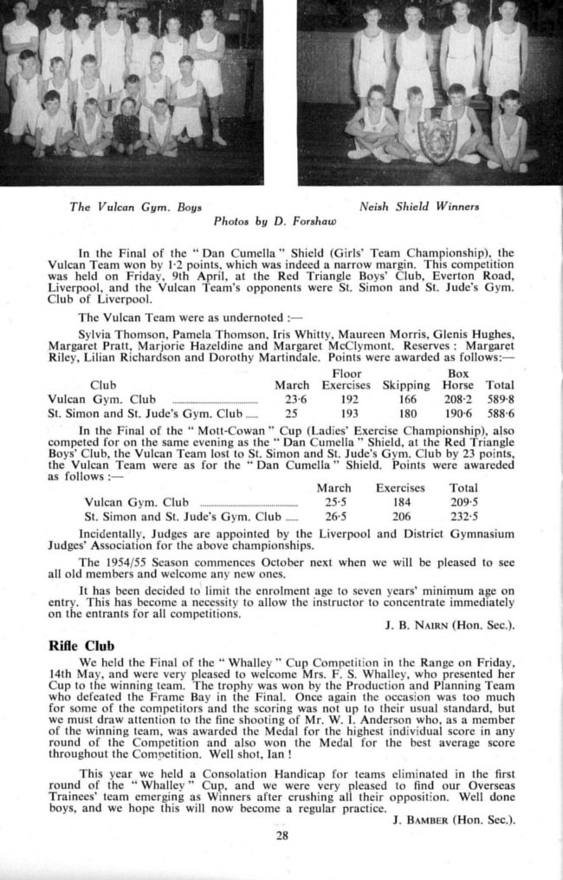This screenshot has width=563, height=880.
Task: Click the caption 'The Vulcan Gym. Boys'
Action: (133, 207)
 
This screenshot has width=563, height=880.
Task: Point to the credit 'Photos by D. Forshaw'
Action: (275, 220)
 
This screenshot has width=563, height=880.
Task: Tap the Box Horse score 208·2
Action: (457, 399)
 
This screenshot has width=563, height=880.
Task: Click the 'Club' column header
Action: (103, 385)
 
